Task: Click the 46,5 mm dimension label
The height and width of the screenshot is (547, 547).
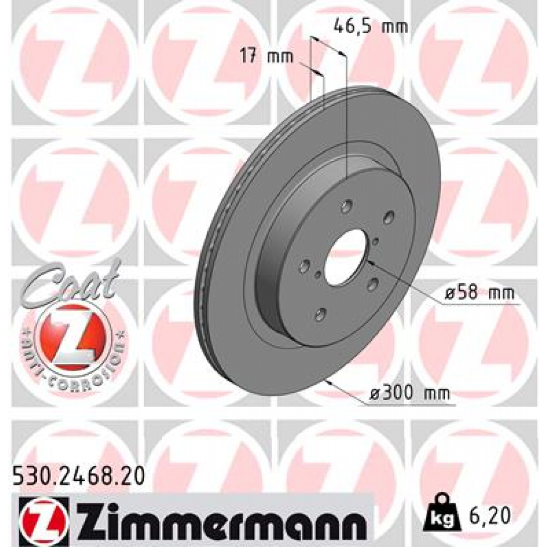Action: tap(370, 25)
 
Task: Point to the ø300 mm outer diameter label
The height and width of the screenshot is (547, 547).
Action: tap(410, 394)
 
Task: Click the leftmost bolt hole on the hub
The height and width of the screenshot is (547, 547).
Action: tap(306, 265)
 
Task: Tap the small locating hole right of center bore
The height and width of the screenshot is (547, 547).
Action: tap(376, 241)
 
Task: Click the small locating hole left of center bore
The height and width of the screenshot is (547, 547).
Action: tap(318, 276)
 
